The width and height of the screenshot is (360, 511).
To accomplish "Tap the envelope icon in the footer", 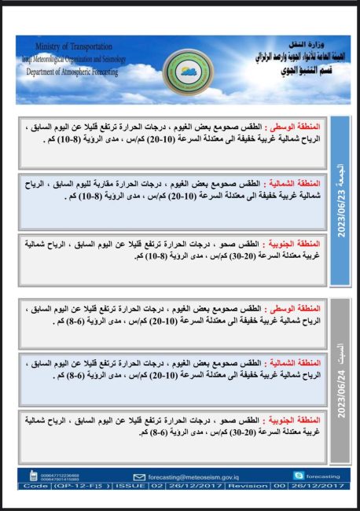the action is tap(138, 476).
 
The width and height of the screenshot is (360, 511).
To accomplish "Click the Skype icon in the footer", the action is tap(298, 476).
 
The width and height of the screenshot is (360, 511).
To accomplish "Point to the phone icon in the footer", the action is tap(32, 476).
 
